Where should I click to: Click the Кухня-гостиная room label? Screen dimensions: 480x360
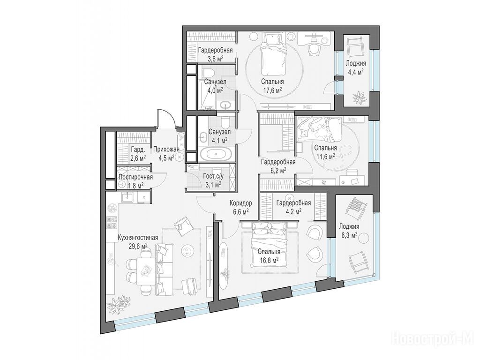click(138, 238)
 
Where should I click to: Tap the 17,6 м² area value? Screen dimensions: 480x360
click(272, 90)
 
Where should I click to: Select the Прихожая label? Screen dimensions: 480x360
click(166, 150)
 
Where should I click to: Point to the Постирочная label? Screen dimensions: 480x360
click(135, 177)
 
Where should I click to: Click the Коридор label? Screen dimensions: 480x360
click(241, 203)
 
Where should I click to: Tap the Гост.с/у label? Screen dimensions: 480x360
click(213, 176)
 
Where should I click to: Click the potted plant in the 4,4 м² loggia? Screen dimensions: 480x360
click(359, 97)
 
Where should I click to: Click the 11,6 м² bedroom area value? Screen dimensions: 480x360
click(325, 156)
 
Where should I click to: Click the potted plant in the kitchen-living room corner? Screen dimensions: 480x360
click(116, 304)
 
